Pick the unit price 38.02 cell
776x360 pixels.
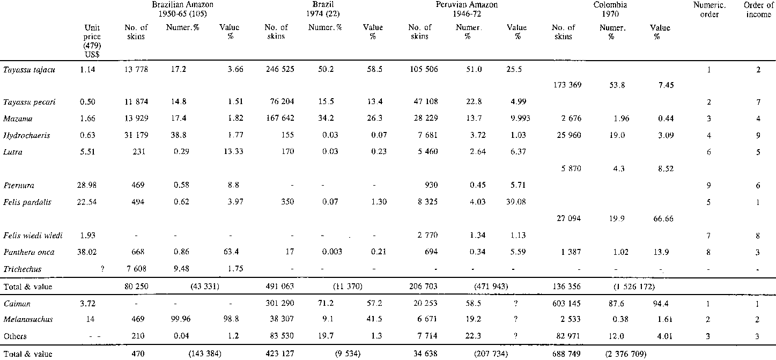88,252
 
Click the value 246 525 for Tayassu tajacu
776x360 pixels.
277,70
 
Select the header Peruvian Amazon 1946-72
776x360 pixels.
465,9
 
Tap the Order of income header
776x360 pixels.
758,9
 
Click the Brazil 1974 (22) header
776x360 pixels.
320,9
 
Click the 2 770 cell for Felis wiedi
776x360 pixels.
426,236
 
